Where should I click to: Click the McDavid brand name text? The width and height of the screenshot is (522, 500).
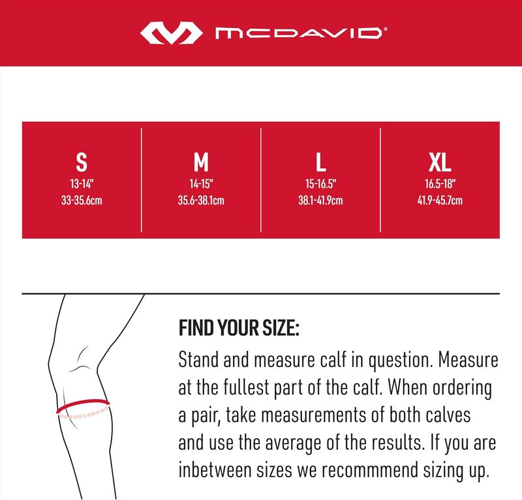click(296, 33)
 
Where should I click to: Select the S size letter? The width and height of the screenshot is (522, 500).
click(82, 162)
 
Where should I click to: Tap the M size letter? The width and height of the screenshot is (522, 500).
click(201, 162)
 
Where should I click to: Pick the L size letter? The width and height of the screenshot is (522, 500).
click(320, 162)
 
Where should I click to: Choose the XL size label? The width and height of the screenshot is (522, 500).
click(440, 162)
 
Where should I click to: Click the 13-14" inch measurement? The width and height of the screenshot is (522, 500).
click(82, 184)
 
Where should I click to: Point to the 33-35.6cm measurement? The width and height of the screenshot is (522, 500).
click(82, 201)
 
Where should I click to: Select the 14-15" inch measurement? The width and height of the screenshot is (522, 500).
click(201, 184)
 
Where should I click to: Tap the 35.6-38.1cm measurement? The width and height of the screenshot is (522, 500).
click(201, 201)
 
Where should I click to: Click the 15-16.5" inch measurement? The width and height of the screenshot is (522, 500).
click(320, 184)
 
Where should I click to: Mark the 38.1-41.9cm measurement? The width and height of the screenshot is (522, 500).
click(320, 201)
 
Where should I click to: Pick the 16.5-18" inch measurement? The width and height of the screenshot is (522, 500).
click(440, 184)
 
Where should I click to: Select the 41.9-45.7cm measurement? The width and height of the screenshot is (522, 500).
click(440, 201)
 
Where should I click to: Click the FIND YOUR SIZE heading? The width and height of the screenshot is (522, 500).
click(238, 328)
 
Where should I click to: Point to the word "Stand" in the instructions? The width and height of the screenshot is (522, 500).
click(198, 360)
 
